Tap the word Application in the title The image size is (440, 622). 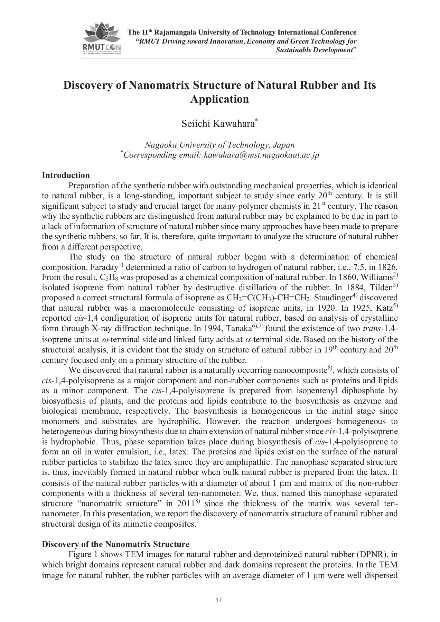point(219,99)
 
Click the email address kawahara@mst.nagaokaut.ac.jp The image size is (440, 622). point(261,155)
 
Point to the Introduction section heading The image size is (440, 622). point(66,175)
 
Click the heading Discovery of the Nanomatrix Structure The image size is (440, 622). point(115,544)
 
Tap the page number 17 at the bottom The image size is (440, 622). point(218,600)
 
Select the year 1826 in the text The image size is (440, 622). point(387,267)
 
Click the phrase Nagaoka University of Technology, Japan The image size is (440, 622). point(219,145)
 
